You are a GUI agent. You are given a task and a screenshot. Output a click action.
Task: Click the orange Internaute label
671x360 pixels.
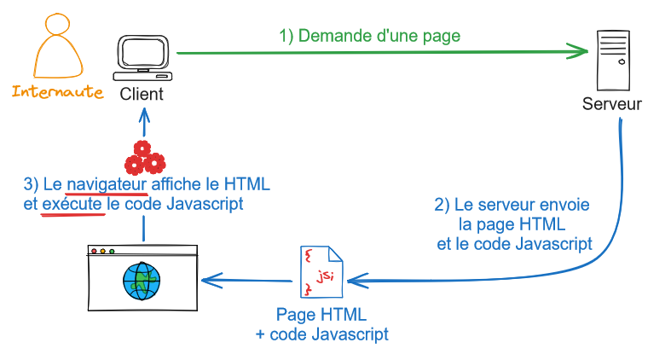click(57, 91)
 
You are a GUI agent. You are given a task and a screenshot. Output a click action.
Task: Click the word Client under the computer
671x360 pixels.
click(142, 94)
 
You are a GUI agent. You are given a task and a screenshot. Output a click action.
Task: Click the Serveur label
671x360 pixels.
click(612, 104)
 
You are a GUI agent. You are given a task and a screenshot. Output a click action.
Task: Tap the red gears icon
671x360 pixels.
click(143, 157)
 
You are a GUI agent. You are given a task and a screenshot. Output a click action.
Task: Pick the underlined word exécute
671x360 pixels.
click(72, 205)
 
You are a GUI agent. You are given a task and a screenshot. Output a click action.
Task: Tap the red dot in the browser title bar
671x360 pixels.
click(95, 252)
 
